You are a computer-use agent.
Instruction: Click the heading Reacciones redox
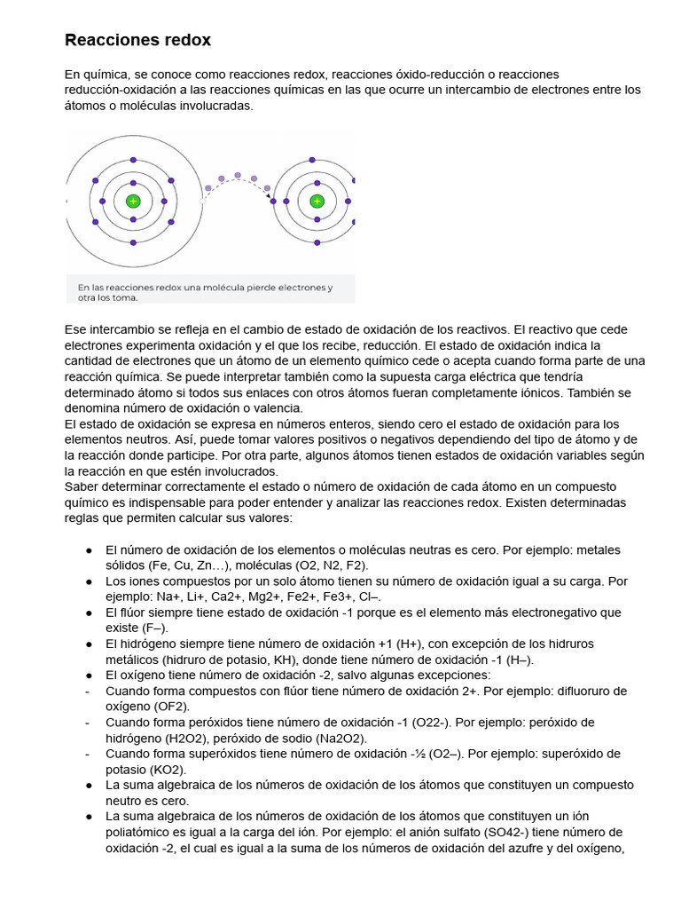[x=137, y=41]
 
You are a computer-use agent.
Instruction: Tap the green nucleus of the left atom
[x=133, y=202]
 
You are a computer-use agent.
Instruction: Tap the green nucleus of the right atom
[x=317, y=202]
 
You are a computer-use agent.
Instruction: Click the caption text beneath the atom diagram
[x=205, y=293]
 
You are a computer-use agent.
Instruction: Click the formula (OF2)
[x=176, y=707]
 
